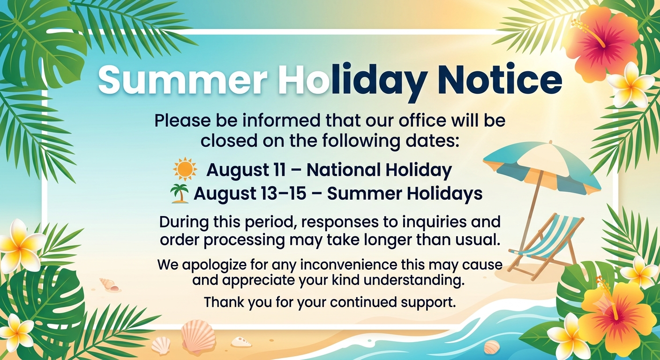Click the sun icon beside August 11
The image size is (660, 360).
coord(185,169)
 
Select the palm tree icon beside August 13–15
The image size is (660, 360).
coord(180,193)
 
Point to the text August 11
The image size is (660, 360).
coord(246,170)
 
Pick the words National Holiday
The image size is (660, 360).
coord(379,170)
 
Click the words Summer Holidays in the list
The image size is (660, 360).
coord(405,194)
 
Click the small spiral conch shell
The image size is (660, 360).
coord(110,284)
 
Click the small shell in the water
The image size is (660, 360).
coord(492,347)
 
